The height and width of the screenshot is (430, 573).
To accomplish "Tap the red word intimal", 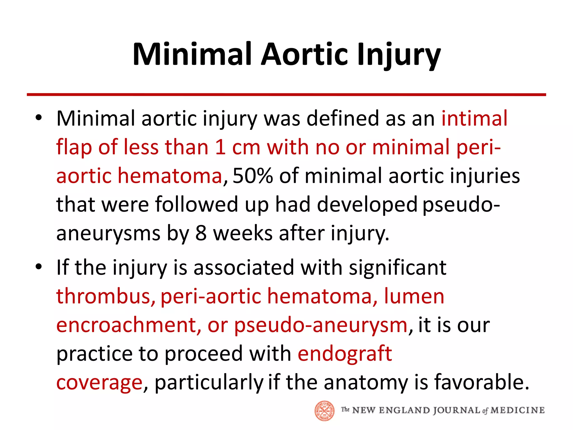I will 474,118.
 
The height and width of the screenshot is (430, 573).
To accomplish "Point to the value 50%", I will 252,176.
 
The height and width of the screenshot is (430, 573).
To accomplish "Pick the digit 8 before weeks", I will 201,233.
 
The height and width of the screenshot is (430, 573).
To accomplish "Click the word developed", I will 367,205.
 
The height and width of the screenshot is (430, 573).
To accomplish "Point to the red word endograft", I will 345,354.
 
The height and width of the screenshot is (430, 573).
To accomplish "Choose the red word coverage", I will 99,382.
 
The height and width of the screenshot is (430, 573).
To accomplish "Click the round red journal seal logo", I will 324,411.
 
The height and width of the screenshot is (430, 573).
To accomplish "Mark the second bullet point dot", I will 39,267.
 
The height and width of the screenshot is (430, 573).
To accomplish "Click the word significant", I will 398,268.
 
